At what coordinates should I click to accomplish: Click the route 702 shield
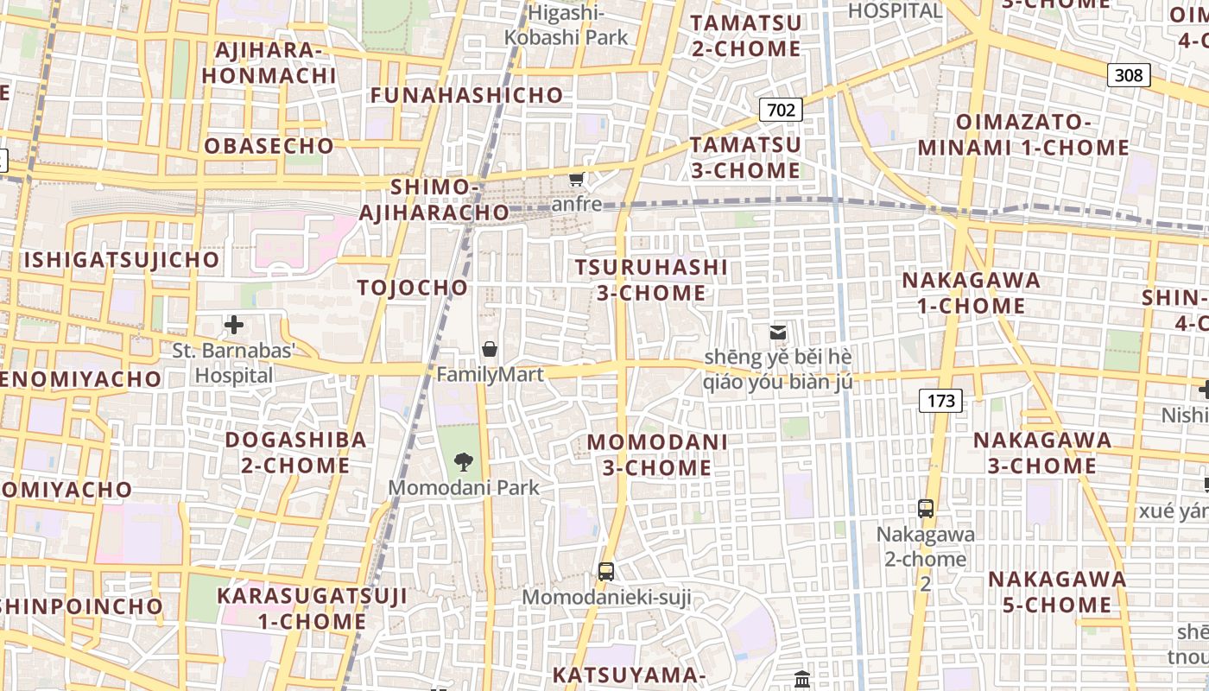(x=781, y=110)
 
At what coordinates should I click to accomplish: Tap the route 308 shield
(x=1129, y=75)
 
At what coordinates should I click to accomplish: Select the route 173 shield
(x=940, y=400)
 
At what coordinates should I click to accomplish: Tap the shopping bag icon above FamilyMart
(x=490, y=349)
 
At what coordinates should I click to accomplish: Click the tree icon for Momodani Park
(x=464, y=461)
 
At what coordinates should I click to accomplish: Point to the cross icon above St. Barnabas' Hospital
(x=234, y=326)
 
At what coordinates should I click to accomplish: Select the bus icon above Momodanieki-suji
(x=606, y=571)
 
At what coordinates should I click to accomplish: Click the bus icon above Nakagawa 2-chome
(x=926, y=508)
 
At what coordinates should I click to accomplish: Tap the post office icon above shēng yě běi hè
(x=778, y=333)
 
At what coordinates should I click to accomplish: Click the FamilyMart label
(x=490, y=375)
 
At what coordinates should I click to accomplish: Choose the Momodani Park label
(x=464, y=487)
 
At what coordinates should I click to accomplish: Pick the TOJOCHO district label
(x=413, y=288)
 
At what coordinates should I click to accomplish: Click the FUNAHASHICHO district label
(x=467, y=95)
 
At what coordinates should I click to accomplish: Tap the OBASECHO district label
(x=269, y=146)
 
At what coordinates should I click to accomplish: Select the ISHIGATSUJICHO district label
(x=122, y=260)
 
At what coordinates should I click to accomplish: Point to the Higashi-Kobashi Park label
(x=567, y=25)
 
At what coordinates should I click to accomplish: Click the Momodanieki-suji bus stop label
(x=607, y=597)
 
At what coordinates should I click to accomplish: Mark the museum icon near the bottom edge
(x=802, y=680)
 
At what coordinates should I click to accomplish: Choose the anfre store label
(x=577, y=205)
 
